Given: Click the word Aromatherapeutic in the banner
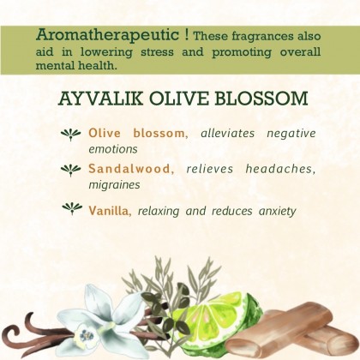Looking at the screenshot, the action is pyautogui.click(x=108, y=36).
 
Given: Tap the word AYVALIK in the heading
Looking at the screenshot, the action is pyautogui.click(x=101, y=99).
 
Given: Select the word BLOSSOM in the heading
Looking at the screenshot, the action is pyautogui.click(x=261, y=99).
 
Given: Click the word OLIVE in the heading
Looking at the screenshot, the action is pyautogui.click(x=179, y=99).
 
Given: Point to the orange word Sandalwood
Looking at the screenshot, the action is pyautogui.click(x=131, y=169).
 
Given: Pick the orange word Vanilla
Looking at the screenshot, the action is pyautogui.click(x=110, y=211).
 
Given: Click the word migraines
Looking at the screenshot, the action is pyautogui.click(x=114, y=185).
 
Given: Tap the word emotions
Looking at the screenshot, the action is pyautogui.click(x=113, y=149).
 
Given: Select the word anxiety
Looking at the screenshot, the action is pyautogui.click(x=277, y=212).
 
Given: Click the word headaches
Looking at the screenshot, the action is pyautogui.click(x=280, y=169).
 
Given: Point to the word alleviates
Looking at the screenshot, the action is pyautogui.click(x=227, y=133).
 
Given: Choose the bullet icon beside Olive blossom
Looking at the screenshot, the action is pyautogui.click(x=71, y=135).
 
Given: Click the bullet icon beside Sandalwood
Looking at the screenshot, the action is pyautogui.click(x=71, y=170).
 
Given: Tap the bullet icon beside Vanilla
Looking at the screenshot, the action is pyautogui.click(x=72, y=208).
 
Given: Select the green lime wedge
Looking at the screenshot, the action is pyautogui.click(x=217, y=319).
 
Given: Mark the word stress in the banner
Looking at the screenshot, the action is pyautogui.click(x=157, y=52).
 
